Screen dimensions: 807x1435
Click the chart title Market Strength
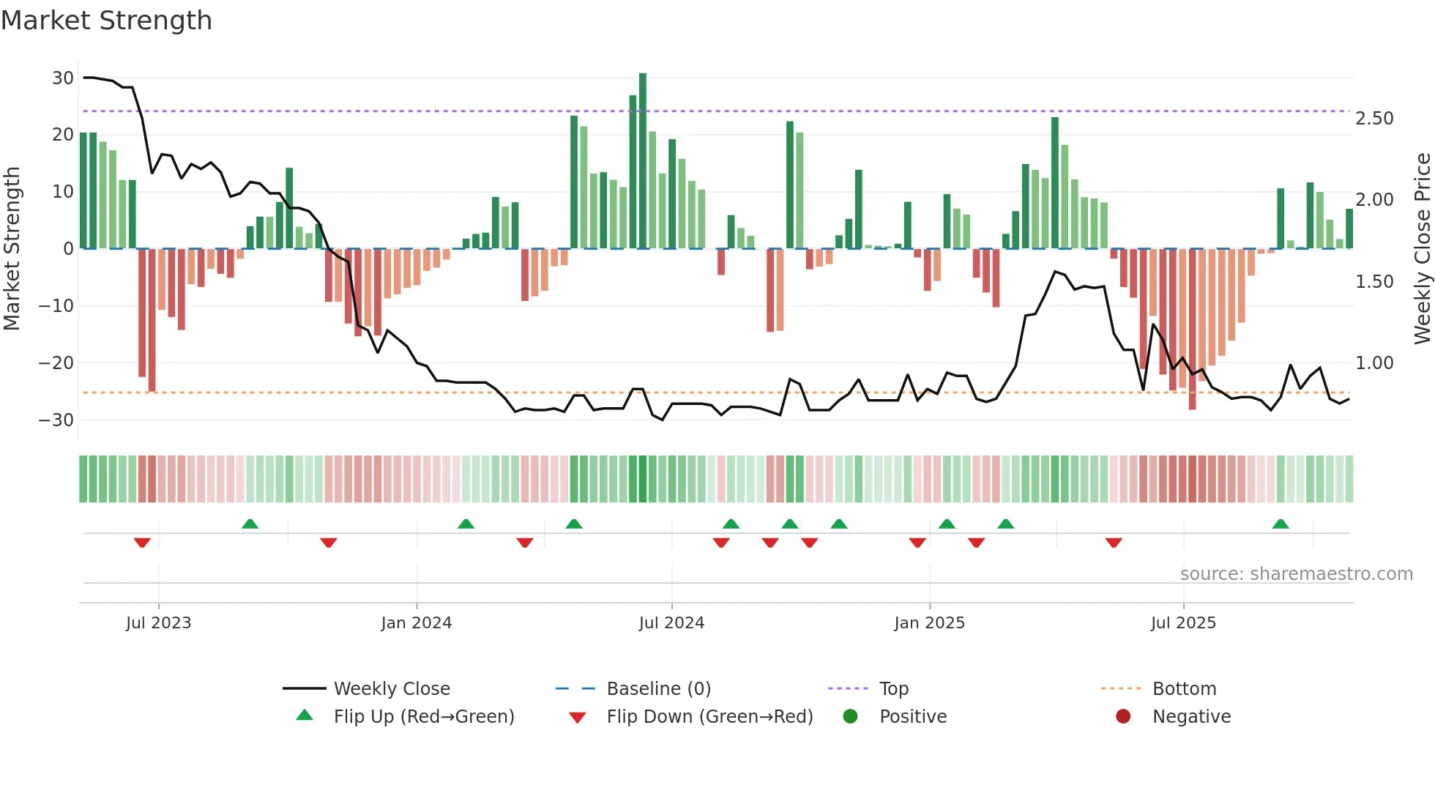pos(106,21)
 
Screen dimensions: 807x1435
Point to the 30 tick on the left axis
pos(63,78)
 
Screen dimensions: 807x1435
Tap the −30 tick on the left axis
pos(56,420)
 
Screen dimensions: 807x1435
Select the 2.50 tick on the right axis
pos(1374,119)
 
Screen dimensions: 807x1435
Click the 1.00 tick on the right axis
pos(1374,363)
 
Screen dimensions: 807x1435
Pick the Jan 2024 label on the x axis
pos(416,623)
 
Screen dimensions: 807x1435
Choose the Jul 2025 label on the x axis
pos(1182,623)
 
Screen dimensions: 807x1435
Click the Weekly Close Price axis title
pos(1422,248)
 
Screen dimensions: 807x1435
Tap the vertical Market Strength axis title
pos(12,248)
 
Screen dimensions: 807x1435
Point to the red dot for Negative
pos(1123,716)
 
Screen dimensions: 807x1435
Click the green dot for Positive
pos(850,716)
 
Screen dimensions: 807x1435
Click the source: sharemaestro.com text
pos(1296,574)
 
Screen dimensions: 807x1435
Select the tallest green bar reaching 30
pos(643,161)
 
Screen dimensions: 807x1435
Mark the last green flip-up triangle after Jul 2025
pos(1281,524)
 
